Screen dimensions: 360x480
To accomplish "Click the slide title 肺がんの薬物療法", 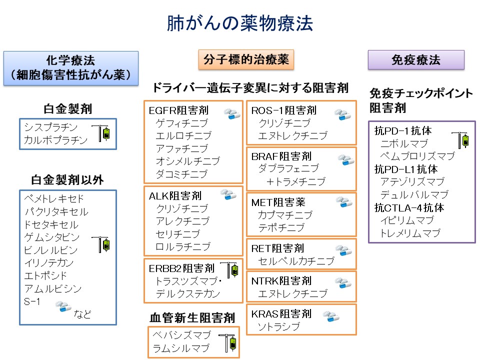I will pos(239,23).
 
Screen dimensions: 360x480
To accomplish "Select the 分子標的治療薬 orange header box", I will pos(246,59).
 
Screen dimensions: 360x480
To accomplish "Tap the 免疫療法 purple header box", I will pos(415,60).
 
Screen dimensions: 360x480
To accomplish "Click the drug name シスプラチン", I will pos(50,127).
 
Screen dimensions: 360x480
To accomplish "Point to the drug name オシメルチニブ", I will pos(187,161).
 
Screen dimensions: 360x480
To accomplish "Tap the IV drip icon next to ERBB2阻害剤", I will pos(233,270).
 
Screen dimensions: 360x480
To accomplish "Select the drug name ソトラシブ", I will pos(278,327).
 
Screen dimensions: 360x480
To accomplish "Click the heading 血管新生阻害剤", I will pos(192,318).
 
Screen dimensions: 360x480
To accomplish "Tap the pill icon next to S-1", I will pos(63,306).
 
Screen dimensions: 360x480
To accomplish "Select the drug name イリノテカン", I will pos(49,262).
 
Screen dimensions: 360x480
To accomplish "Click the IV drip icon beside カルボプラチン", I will pos(105,133).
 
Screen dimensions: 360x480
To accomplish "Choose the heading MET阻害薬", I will pos(278,202).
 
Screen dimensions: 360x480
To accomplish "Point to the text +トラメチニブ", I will pos(295,181).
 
